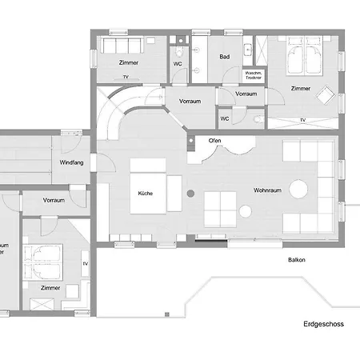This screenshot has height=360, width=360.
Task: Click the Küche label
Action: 145,194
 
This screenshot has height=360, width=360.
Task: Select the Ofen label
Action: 214,141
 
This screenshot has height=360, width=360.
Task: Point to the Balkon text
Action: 298,260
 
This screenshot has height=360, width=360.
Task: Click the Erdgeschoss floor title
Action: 322,324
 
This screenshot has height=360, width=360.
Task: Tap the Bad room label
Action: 225,57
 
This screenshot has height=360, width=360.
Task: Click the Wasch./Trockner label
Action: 254,75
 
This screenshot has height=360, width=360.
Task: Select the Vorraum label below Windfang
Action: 54,200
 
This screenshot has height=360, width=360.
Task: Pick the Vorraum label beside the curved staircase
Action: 190,102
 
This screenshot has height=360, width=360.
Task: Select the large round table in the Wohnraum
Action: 298,190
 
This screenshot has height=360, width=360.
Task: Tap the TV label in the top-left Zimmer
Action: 126,77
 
